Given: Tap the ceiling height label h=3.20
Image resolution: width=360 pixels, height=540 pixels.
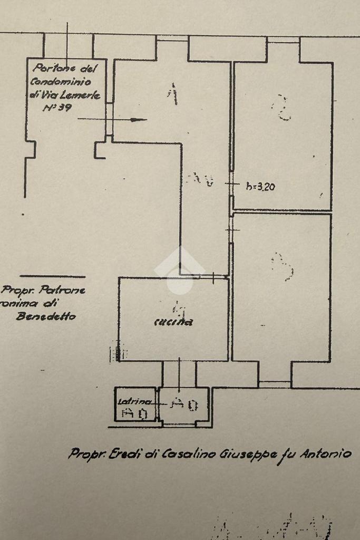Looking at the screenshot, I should (260, 186).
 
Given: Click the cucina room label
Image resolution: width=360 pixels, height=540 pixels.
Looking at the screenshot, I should (173, 322).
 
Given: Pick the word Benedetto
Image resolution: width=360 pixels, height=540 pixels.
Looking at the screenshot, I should (46, 316).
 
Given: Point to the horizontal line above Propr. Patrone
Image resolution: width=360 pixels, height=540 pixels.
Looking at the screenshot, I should (52, 277).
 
